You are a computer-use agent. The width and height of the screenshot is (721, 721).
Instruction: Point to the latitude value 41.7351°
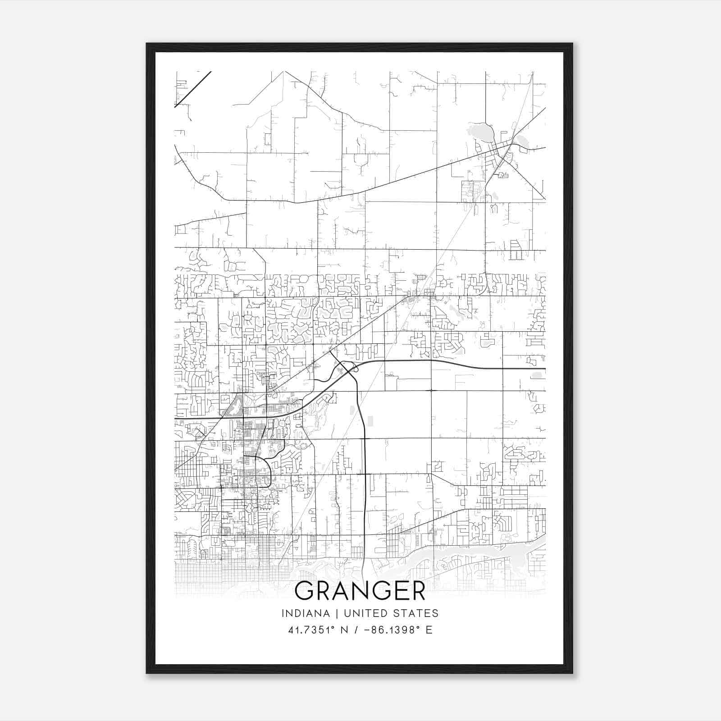pyautogui.click(x=311, y=630)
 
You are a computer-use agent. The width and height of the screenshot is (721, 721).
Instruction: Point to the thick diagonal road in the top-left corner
pyautogui.click(x=193, y=89)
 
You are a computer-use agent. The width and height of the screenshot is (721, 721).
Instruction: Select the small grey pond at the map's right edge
pyautogui.click(x=537, y=374)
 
